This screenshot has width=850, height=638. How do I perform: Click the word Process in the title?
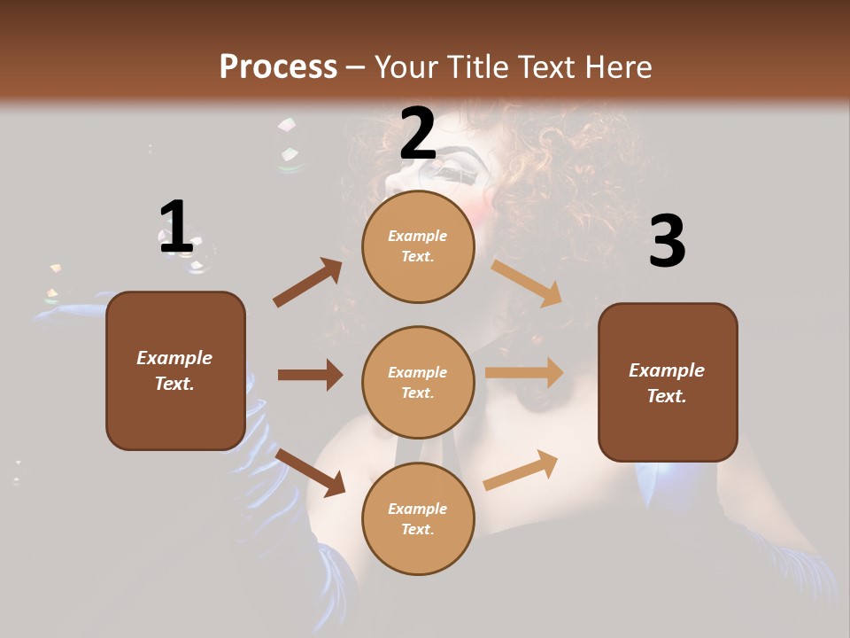click(x=278, y=67)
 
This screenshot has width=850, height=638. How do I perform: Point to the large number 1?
click(x=175, y=227)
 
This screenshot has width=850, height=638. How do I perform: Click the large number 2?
click(x=418, y=135)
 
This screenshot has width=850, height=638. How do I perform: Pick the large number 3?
click(x=667, y=242)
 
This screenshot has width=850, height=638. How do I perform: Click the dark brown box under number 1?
click(x=175, y=370)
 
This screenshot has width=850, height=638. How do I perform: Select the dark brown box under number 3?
click(x=668, y=382)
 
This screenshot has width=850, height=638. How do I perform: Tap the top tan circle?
click(x=418, y=246)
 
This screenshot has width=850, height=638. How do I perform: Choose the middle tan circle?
click(x=418, y=382)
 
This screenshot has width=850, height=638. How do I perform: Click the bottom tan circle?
click(x=418, y=518)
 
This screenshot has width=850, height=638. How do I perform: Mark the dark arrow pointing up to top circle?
click(x=308, y=282)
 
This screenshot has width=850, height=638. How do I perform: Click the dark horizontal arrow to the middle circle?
click(x=310, y=375)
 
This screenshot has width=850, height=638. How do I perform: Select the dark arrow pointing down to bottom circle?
click(x=311, y=471)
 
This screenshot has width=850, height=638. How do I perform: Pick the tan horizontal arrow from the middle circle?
click(x=524, y=373)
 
